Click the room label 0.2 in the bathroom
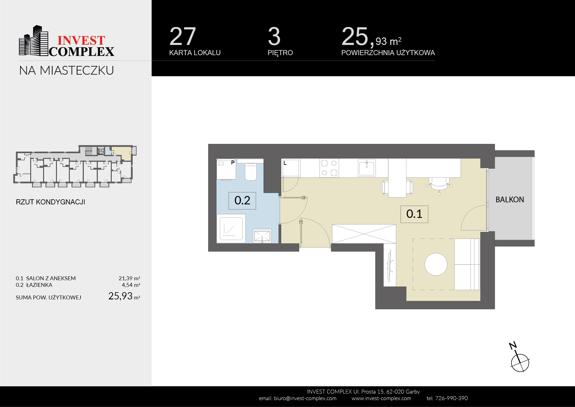242,201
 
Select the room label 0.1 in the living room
414,214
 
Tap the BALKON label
510,200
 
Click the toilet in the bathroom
251,171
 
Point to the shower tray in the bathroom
231,229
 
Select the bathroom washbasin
262,236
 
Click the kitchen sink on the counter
367,168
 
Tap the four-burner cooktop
329,168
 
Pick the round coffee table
436,264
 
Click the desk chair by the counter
439,185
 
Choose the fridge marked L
291,168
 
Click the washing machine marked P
226,169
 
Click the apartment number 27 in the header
183,36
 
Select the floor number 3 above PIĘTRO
274,36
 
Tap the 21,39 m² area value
129,278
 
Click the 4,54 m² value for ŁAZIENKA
131,285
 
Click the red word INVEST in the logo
81,40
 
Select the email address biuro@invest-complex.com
305,398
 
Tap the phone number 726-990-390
451,398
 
